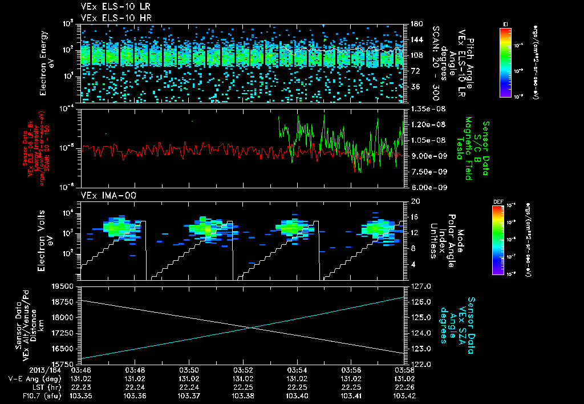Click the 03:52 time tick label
(243, 369)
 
